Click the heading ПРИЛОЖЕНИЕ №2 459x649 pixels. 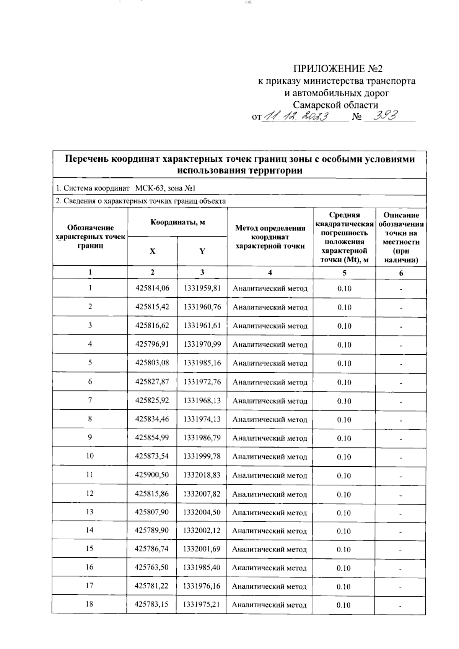point(337,69)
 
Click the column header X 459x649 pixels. point(153,251)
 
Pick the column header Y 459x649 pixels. point(202,251)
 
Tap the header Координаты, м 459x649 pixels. point(177,222)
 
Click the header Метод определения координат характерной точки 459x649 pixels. point(270,237)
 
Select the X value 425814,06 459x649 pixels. point(152,289)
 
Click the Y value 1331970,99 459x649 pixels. point(202,344)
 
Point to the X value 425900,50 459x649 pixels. point(152,475)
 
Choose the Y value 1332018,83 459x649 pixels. point(202,475)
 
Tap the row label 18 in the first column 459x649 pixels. point(90,604)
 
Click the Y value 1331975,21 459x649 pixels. point(202,605)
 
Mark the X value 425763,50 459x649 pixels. point(151,568)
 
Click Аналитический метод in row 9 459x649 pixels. point(270,438)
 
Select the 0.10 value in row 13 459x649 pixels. point(343,513)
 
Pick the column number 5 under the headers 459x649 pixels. point(344,273)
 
